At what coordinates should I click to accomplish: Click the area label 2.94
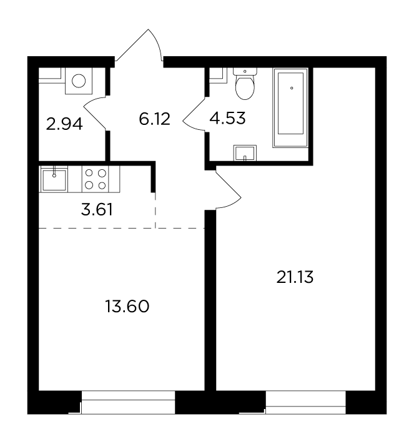click(x=64, y=124)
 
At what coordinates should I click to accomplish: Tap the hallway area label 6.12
click(x=154, y=119)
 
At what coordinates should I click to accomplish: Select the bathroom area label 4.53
click(x=227, y=118)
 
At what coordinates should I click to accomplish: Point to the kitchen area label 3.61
click(x=97, y=210)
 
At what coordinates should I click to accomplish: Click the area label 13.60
click(x=127, y=307)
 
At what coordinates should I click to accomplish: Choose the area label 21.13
click(x=295, y=277)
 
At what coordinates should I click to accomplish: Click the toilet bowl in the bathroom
click(x=245, y=87)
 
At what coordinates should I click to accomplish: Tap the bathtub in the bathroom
click(x=290, y=107)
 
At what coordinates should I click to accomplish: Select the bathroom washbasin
click(x=245, y=153)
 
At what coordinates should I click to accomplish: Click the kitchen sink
click(x=54, y=179)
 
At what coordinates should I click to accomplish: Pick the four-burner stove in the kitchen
click(x=96, y=179)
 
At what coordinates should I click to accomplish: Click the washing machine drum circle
click(x=79, y=81)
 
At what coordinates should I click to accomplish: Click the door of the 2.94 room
click(x=94, y=113)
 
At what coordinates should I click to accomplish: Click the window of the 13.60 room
click(x=128, y=402)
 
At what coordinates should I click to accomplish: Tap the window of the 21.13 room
click(x=306, y=402)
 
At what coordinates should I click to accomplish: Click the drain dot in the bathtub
click(x=292, y=88)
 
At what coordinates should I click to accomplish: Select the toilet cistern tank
click(x=245, y=71)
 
